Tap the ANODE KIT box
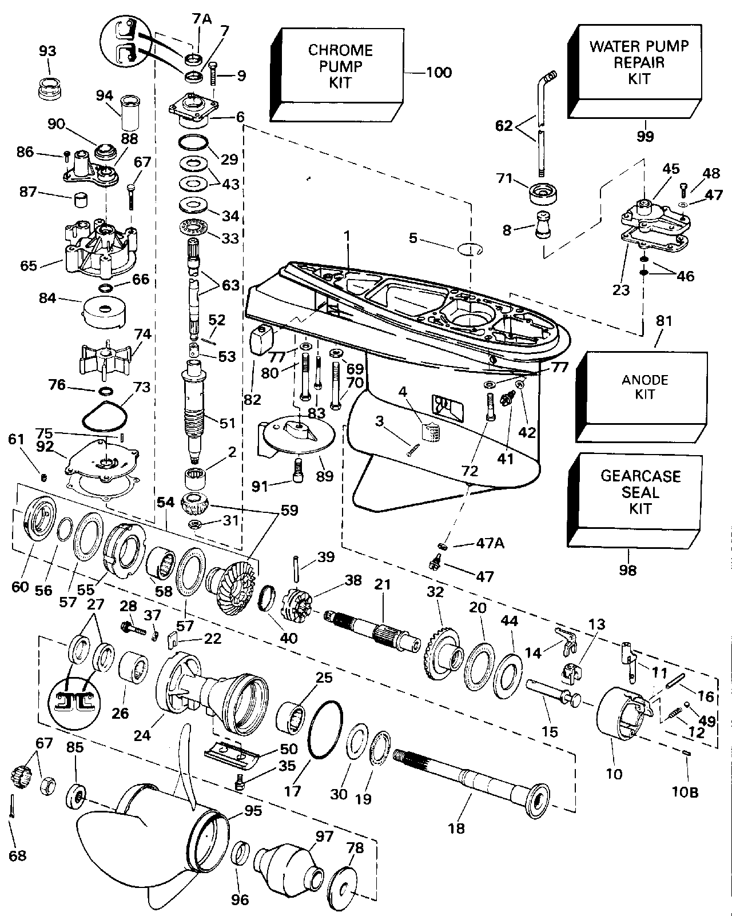tap(645, 387)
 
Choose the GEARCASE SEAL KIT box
tap(640, 492)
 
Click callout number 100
tap(439, 73)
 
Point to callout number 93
tap(47, 51)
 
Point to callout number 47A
tap(490, 544)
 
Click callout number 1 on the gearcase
tap(346, 235)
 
